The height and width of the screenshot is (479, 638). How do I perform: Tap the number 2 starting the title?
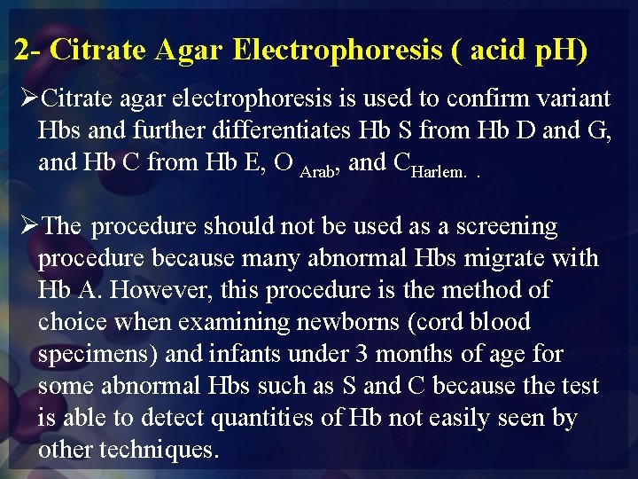pos(20,50)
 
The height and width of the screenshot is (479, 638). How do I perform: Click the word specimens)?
pos(99,354)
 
